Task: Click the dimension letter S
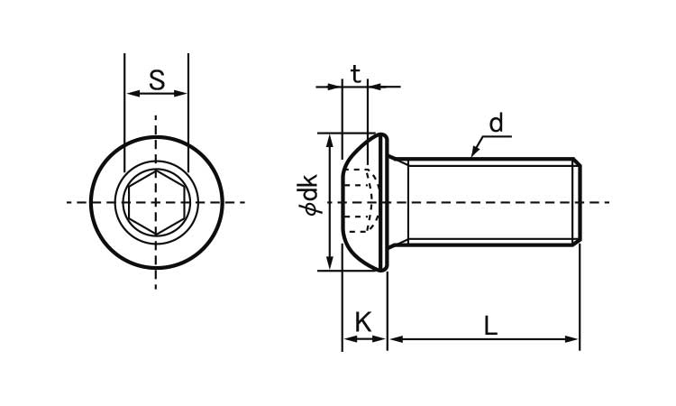(x=157, y=79)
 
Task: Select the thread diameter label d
(x=496, y=123)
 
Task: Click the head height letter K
(x=363, y=322)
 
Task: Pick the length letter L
(x=490, y=326)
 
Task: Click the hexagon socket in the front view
(x=156, y=202)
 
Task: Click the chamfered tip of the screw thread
(x=577, y=202)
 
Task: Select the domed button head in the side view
(x=365, y=202)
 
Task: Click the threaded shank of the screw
(x=487, y=202)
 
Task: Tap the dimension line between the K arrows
(x=364, y=339)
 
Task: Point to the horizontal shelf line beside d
(x=499, y=136)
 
